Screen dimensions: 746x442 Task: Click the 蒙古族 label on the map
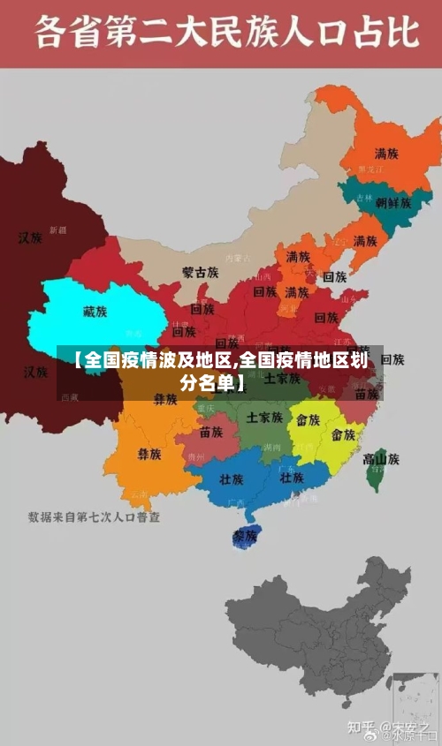coord(201,273)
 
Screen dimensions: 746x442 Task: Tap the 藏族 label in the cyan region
coord(95,312)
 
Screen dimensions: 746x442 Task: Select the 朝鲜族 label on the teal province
coord(393,202)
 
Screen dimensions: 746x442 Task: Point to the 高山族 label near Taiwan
coord(381,458)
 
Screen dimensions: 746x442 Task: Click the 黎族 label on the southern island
coord(244,536)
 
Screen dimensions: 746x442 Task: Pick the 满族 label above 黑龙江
coord(385,153)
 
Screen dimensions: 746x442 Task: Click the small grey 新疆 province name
coord(57,230)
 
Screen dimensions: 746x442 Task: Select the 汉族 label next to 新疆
coord(31,237)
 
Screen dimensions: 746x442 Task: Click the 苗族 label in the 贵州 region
coord(211,433)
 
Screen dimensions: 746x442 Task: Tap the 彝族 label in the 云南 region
coord(149,455)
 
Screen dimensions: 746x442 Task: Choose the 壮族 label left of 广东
coord(232,479)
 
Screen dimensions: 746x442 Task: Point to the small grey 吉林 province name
coord(364,200)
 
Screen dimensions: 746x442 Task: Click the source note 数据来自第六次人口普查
coord(94,516)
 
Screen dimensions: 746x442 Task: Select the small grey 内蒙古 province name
coord(238,259)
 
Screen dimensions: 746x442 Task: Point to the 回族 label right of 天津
coord(334,276)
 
